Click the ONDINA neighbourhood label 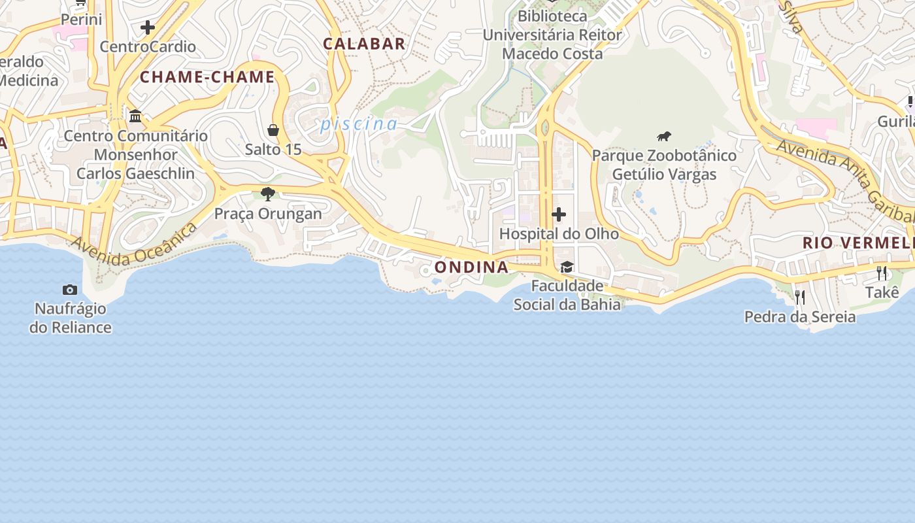471,267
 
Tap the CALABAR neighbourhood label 364,44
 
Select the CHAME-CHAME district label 207,77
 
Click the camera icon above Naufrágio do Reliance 70,290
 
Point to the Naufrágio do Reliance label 70,318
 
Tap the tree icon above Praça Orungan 267,194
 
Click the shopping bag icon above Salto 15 273,130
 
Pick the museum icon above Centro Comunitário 135,116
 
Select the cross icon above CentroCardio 148,27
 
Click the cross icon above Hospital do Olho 559,214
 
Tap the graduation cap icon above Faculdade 567,267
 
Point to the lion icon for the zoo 664,137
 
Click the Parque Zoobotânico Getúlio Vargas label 664,165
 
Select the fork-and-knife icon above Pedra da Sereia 800,297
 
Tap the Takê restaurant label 882,292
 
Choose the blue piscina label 359,124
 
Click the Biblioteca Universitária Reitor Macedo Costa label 552,35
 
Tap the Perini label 82,20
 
